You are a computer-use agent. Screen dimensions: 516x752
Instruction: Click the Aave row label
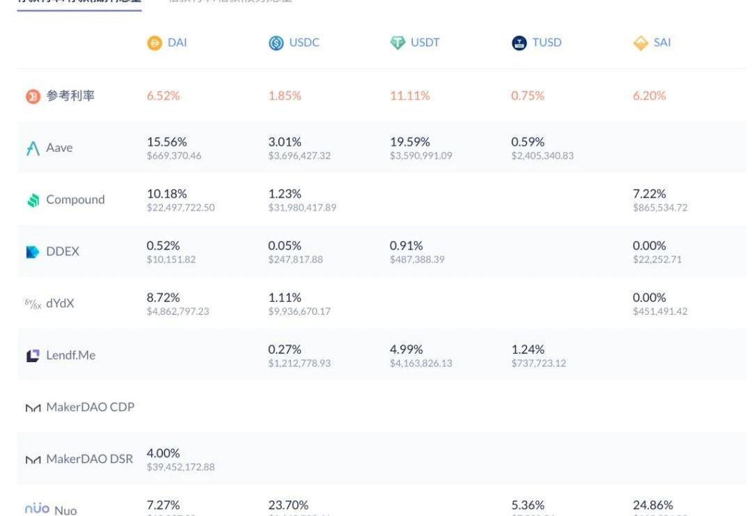point(59,148)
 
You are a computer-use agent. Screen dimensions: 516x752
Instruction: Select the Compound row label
point(75,200)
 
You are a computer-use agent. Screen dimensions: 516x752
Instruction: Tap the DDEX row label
point(63,251)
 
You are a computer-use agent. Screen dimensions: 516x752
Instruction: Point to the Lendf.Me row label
point(70,355)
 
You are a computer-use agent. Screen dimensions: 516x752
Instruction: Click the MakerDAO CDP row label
point(90,407)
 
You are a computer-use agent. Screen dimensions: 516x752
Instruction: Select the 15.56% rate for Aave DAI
point(166,142)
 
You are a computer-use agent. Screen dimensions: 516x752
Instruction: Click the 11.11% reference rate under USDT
point(409,96)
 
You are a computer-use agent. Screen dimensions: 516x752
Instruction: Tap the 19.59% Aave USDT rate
point(409,142)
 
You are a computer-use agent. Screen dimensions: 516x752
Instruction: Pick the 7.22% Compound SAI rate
point(649,194)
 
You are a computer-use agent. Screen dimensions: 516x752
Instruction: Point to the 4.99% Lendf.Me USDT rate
point(406,349)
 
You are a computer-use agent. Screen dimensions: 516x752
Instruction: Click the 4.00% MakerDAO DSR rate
point(163,453)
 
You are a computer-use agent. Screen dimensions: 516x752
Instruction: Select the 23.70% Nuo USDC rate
point(288,505)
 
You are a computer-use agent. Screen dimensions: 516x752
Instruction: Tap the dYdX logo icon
point(33,304)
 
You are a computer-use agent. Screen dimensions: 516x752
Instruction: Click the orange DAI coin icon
point(155,43)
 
